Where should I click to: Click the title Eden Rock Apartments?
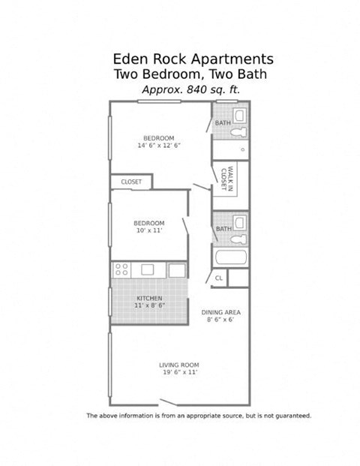193,59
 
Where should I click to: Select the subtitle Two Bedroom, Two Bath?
190,74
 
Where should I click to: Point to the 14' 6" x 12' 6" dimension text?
159,146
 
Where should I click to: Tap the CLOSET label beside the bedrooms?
131,182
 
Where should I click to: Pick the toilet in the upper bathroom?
238,131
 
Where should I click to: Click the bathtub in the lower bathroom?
232,257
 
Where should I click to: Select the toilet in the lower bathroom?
238,239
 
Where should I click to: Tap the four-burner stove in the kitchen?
121,269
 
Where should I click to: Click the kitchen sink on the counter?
147,269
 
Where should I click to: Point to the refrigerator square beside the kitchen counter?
176,269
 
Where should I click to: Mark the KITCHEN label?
149,299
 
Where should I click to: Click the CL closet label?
218,278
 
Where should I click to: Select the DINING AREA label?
220,311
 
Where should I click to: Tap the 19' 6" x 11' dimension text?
178,373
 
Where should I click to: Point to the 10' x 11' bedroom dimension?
148,231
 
